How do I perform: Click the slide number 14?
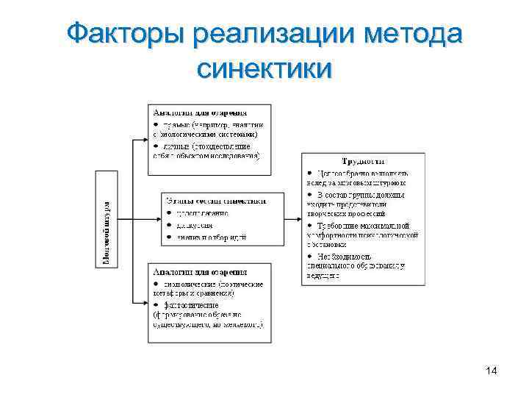pyautogui.click(x=492, y=371)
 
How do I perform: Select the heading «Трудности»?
pyautogui.click(x=364, y=160)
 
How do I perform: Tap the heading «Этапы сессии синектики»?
pyautogui.click(x=215, y=200)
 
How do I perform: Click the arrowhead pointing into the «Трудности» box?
pyautogui.click(x=298, y=218)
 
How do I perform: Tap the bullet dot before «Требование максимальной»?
pyautogui.click(x=311, y=225)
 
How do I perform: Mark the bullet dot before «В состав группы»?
pyautogui.click(x=311, y=194)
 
